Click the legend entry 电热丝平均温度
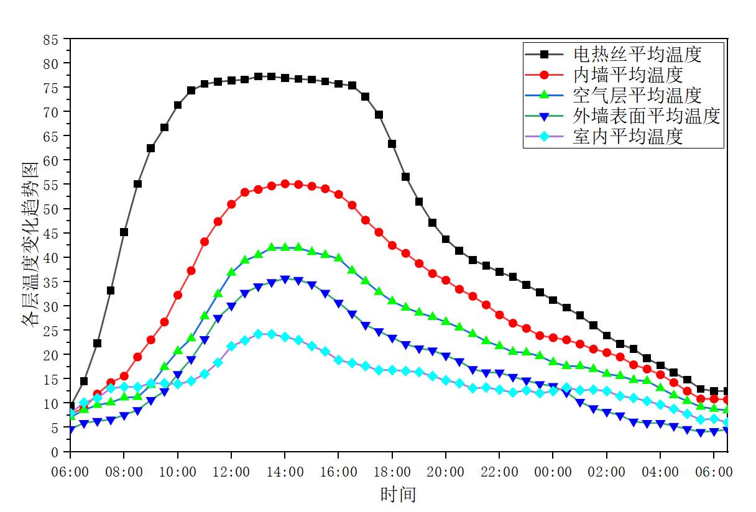click(637, 54)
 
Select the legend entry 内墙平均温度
click(628, 75)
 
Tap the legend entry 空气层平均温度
click(637, 95)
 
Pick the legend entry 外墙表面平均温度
click(647, 116)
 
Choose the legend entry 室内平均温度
click(628, 136)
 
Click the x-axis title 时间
click(398, 495)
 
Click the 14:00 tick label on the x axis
click(285, 472)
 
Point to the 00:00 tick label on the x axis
click(553, 472)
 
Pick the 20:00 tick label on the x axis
click(446, 472)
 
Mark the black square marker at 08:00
click(124, 232)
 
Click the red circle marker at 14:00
click(285, 184)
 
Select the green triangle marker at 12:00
click(231, 272)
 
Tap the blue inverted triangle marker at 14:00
click(285, 280)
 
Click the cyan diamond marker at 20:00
click(446, 380)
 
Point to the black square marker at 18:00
click(392, 144)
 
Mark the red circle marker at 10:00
click(178, 295)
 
